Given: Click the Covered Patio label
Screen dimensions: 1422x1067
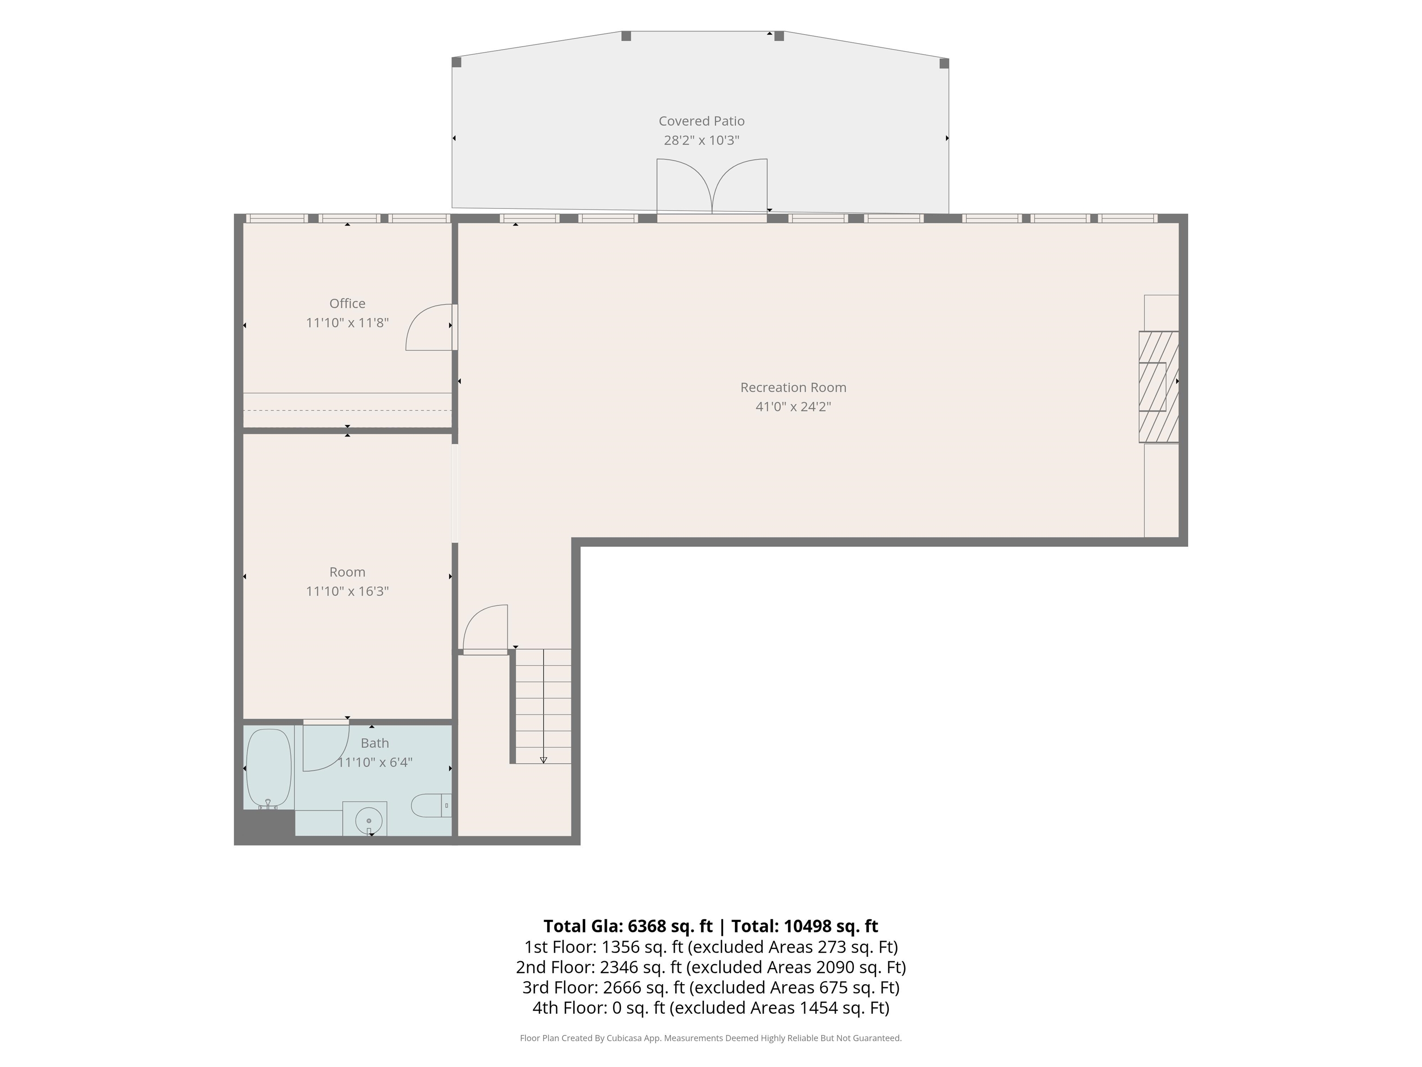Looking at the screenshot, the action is coord(701,121).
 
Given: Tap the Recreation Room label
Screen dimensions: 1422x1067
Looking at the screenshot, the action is coord(793,387).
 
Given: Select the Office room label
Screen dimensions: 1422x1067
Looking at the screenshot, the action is coord(347,304).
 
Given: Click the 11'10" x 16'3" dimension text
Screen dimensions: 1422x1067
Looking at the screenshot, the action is coord(347,591).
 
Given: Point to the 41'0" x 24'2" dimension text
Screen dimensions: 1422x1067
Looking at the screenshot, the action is coord(793,407).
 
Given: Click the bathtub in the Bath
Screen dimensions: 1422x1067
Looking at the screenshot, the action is coord(269,768).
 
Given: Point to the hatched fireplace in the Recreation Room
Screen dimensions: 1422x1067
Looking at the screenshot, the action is coord(1159,387).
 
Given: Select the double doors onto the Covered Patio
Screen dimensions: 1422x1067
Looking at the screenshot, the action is coord(711,187).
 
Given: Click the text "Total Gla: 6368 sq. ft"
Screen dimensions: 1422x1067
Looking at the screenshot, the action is coord(628,926).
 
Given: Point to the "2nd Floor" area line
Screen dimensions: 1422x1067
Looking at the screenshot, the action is coord(711,967).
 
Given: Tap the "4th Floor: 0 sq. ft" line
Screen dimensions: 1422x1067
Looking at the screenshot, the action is coord(599,1008).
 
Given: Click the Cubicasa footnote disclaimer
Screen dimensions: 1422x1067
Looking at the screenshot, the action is coord(711,1038).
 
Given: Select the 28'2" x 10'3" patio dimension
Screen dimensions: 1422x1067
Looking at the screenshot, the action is coord(701,140).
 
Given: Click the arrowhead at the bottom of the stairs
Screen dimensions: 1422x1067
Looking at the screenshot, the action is coord(543,760).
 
